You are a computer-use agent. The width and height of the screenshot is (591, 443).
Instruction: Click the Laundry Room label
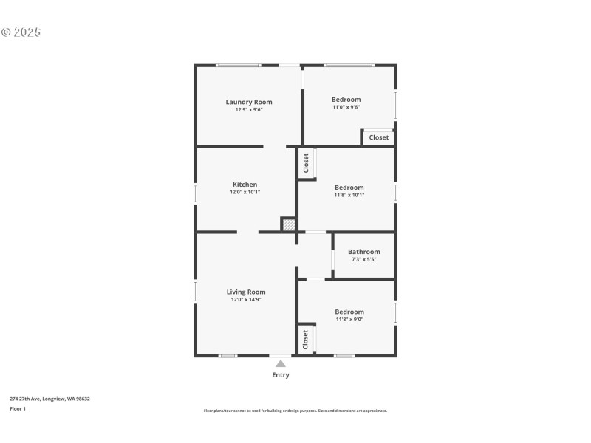tap(249, 102)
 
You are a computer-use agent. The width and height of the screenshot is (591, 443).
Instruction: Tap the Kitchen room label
tap(245, 185)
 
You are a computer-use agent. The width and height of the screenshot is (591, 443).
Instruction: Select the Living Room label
tap(246, 292)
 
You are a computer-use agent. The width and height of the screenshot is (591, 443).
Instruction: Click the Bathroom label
tap(364, 252)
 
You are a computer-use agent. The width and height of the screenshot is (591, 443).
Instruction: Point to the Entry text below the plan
tap(281, 375)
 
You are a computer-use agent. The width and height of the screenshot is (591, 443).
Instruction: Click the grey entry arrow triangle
tap(281, 363)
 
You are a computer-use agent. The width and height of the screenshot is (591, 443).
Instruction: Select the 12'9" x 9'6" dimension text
tap(249, 110)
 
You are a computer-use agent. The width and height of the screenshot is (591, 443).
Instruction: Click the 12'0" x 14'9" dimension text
tap(246, 300)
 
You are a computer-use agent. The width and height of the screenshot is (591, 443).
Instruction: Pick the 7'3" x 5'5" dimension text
tap(364, 260)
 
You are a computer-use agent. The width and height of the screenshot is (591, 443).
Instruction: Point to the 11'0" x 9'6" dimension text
tap(346, 107)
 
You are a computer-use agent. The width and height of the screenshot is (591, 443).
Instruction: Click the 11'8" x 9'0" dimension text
tap(349, 320)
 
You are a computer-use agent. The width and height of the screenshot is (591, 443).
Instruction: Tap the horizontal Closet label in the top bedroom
tap(379, 137)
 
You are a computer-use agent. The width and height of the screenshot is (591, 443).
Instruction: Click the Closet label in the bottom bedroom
tap(305, 340)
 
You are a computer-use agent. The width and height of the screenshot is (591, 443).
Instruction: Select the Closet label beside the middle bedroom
tap(306, 163)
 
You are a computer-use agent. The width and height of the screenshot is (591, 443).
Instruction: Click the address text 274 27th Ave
tap(49, 399)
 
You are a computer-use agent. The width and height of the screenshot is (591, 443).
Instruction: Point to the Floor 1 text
tap(18, 408)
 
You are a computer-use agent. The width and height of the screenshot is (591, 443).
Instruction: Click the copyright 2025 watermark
tap(21, 32)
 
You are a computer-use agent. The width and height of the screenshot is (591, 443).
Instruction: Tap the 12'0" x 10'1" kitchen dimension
tap(245, 192)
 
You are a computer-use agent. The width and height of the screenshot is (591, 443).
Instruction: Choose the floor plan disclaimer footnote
tap(295, 411)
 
